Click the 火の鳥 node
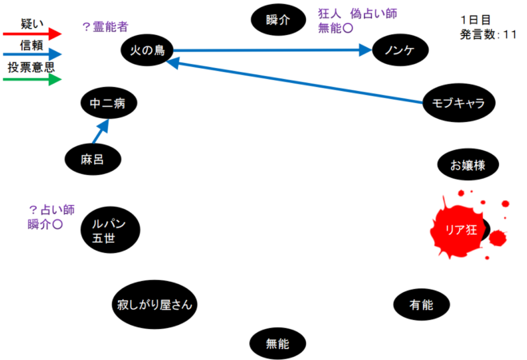point(147,51)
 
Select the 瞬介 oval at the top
point(279,19)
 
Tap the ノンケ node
point(400,51)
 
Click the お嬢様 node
point(468,165)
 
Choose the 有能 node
point(421,304)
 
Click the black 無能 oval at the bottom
point(277,343)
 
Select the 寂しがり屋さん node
point(154,304)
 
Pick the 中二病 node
point(109,103)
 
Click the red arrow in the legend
point(32,34)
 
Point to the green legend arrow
point(32,80)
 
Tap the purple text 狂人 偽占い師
point(358,14)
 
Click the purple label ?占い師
point(51,209)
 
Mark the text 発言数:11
point(489,35)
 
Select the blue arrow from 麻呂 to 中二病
point(98,134)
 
